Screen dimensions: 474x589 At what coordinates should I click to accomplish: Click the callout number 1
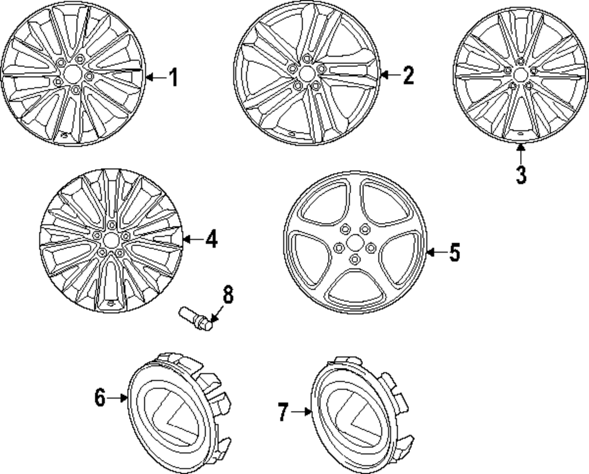(x=173, y=77)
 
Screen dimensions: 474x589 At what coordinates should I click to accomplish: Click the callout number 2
(x=408, y=75)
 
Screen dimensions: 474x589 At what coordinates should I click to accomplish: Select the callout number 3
(x=521, y=175)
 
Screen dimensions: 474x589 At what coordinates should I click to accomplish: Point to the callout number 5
(x=454, y=253)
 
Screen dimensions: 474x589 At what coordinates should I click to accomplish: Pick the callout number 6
(x=100, y=398)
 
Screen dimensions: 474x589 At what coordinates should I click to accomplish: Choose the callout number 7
(x=283, y=412)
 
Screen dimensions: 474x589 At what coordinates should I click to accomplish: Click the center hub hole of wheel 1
(x=73, y=74)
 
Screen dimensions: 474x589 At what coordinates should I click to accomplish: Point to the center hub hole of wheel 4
(x=111, y=240)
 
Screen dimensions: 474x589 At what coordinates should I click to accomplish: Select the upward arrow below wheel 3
(x=521, y=152)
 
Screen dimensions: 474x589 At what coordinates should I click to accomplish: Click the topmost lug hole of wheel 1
(x=80, y=59)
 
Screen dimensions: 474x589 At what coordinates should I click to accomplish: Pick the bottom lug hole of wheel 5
(x=355, y=259)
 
